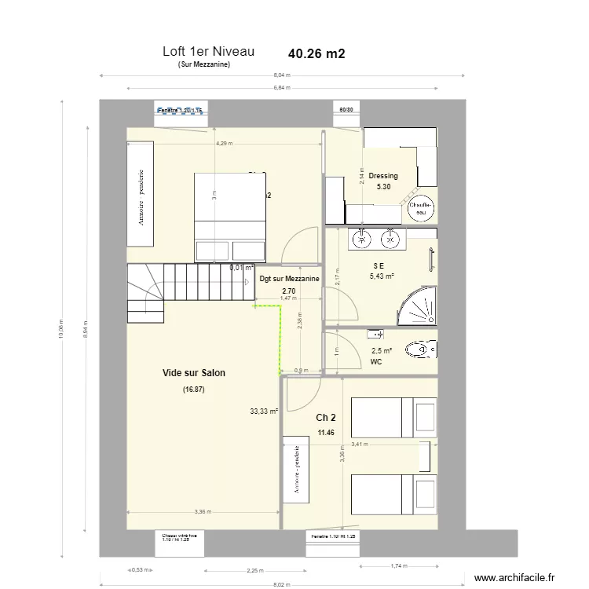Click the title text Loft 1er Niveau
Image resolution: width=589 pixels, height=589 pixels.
[208, 52]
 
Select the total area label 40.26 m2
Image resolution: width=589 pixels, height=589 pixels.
[316, 54]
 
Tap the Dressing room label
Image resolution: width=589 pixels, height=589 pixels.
[382, 176]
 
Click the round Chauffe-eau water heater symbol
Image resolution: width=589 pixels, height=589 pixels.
[421, 207]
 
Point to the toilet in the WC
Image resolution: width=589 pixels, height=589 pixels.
[420, 349]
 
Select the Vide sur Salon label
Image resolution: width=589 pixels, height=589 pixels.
[193, 373]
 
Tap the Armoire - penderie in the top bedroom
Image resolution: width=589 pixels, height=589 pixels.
[141, 196]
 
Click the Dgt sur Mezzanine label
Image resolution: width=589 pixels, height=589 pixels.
[288, 279]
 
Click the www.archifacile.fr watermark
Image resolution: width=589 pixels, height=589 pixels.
[519, 576]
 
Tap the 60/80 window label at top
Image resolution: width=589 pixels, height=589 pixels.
[346, 110]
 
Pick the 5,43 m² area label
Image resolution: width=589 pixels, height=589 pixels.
[382, 276]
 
